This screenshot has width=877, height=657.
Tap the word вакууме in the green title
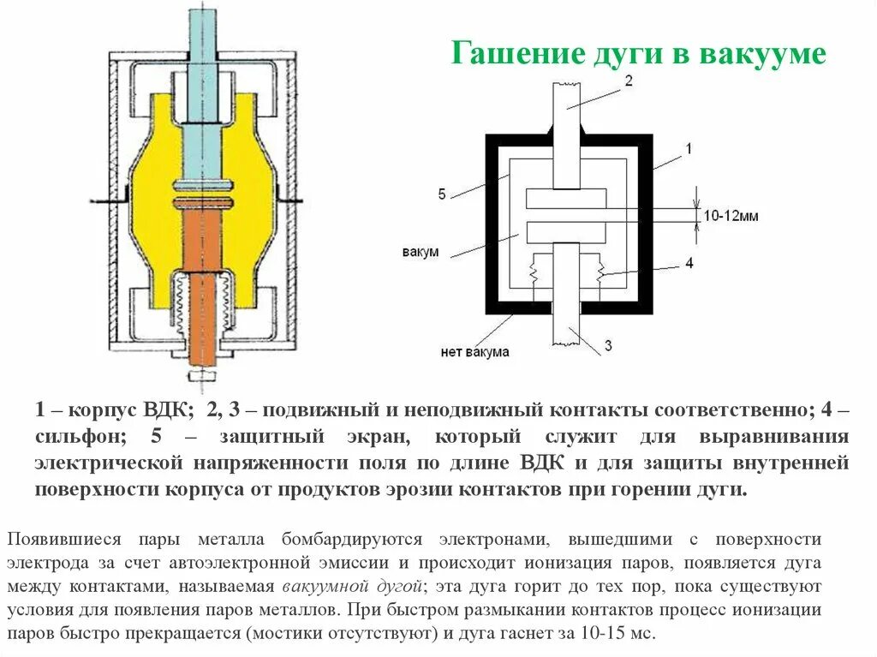click(764, 54)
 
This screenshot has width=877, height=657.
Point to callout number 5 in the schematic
click(442, 194)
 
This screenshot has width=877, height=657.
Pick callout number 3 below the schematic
click(607, 345)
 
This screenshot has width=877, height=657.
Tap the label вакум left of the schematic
click(420, 253)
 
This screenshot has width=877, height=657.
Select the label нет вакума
click(475, 351)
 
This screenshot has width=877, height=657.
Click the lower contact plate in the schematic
click(566, 231)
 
